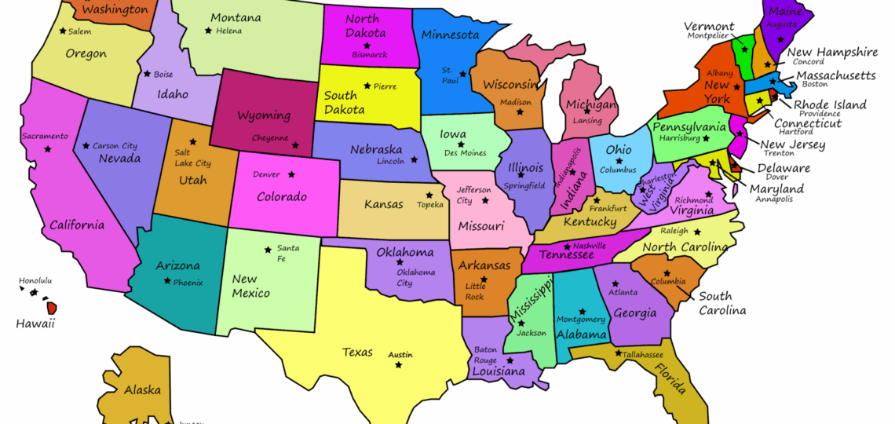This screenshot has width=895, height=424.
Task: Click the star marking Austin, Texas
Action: click(x=399, y=365)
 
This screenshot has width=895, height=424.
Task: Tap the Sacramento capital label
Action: click(x=45, y=136)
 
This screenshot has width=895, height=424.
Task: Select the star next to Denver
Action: click(x=292, y=174)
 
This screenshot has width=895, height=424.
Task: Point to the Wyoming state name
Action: click(x=264, y=115)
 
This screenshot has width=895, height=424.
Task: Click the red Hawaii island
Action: click(x=52, y=308)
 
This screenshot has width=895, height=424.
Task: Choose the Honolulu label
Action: click(x=35, y=280)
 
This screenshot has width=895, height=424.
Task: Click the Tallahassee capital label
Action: click(x=643, y=354)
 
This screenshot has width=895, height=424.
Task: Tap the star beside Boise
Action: click(x=146, y=75)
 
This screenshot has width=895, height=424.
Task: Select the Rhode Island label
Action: click(x=830, y=104)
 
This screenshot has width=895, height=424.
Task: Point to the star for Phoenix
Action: click(x=166, y=281)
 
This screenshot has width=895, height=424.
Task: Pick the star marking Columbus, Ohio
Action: click(x=619, y=160)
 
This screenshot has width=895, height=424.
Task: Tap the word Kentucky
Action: click(x=590, y=222)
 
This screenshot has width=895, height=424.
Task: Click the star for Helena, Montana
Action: click(x=208, y=31)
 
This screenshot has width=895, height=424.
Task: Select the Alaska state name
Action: click(x=142, y=389)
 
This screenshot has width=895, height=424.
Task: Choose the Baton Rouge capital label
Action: click(x=485, y=355)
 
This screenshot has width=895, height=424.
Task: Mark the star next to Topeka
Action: click(x=429, y=195)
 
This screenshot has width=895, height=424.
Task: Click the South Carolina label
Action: click(x=722, y=303)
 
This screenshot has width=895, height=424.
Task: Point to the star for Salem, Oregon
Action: click(x=62, y=31)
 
